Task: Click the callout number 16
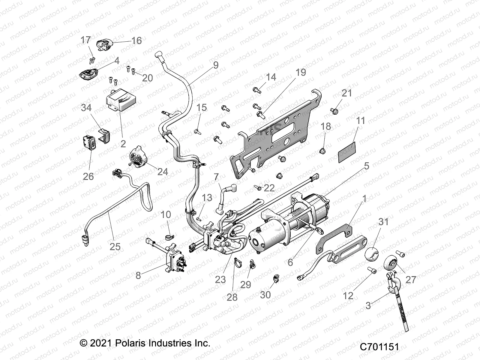136,40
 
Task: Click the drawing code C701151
379,347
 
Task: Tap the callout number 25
115,247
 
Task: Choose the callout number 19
301,72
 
